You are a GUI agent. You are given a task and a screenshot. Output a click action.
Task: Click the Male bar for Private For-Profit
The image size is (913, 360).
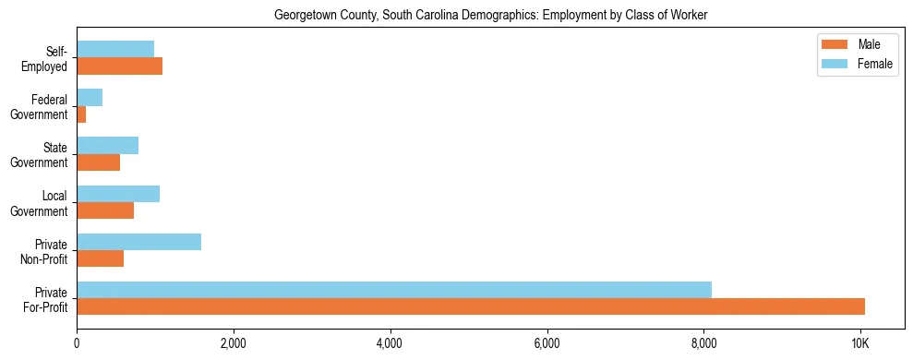pos(471,306)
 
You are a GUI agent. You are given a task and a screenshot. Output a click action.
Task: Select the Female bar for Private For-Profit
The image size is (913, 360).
pos(394,290)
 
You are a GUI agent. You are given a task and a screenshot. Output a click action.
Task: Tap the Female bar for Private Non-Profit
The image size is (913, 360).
pos(138,242)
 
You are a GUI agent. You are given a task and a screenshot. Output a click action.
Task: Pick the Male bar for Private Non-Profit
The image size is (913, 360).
pos(100,258)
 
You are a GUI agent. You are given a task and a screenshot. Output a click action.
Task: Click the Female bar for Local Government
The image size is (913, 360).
pos(118,194)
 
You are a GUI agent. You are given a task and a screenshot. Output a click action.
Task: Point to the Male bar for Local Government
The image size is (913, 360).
pos(105,210)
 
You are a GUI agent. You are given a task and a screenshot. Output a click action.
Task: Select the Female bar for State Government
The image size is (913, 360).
pos(107,146)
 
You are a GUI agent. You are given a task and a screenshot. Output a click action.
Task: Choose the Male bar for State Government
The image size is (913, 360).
pos(98,162)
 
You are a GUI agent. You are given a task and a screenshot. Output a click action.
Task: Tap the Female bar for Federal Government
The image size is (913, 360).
pos(90,97)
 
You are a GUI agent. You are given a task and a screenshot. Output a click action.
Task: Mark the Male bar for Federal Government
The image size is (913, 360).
pos(81,114)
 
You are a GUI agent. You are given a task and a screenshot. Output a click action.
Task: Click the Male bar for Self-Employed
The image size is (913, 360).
pos(119,66)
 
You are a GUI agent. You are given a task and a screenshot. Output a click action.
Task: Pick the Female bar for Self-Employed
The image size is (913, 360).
pos(115,49)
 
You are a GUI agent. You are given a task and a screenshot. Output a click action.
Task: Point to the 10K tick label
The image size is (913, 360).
pos(860,343)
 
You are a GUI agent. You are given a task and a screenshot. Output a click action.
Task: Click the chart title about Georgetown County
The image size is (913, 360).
pos(490,15)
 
